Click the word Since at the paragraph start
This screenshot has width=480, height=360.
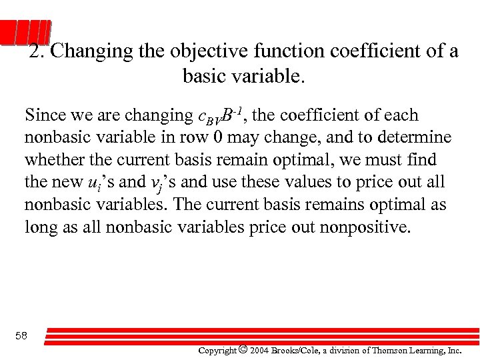pyautogui.click(x=46, y=115)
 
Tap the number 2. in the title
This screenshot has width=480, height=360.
pyautogui.click(x=37, y=52)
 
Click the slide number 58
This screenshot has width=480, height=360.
pyautogui.click(x=21, y=336)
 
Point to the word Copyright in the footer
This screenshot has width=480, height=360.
pyautogui.click(x=217, y=350)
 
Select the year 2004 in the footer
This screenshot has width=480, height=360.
pyautogui.click(x=261, y=350)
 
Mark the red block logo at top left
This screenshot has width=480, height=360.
pyautogui.click(x=25, y=33)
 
